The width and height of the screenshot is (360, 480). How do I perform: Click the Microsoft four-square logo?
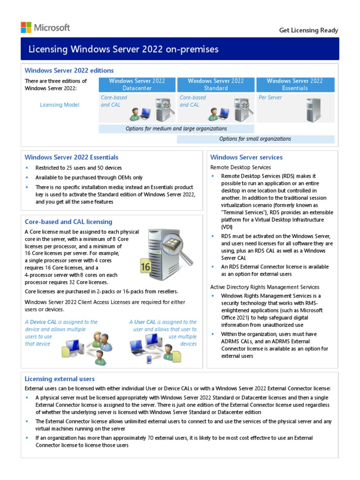(26, 27)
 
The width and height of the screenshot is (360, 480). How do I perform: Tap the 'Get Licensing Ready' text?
(308, 30)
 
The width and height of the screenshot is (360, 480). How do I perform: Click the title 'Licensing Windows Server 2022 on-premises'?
(124, 49)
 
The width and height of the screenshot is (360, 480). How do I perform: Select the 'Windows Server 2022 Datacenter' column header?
(137, 84)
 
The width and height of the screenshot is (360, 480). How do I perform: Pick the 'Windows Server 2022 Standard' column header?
(216, 84)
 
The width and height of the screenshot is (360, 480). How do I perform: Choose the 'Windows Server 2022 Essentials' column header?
(295, 84)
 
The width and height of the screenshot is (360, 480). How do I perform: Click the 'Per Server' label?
(270, 98)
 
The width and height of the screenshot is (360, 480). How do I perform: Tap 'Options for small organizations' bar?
(255, 139)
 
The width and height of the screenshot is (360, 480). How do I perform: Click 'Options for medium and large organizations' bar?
(176, 128)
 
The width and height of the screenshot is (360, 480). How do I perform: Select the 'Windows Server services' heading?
(246, 157)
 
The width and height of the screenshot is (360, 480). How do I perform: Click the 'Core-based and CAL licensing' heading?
(68, 222)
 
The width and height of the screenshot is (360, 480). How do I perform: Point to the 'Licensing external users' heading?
(60, 379)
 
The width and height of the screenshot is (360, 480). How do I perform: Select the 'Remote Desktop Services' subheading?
(240, 167)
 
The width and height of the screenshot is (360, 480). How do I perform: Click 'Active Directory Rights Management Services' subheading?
(265, 287)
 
